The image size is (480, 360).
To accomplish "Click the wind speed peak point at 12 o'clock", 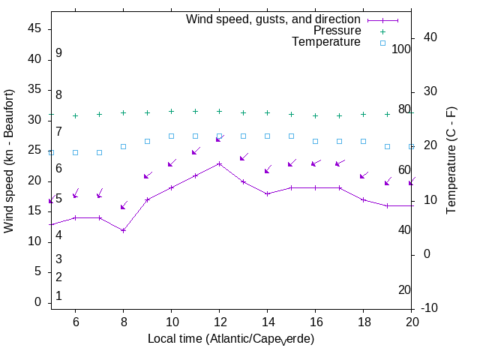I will coord(219,163).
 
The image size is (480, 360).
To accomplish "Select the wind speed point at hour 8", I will coord(123,230).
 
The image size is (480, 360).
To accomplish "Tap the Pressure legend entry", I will coord(337,31).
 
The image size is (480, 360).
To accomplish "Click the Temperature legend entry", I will coord(326,43).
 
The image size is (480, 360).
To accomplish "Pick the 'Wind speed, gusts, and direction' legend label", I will coord(273,19).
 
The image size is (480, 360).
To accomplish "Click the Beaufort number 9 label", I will coord(58,53).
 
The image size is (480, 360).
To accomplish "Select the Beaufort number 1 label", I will coord(58,296).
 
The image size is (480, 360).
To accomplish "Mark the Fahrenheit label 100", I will coord(401,49).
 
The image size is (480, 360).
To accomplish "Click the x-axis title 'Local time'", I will coord(231,339).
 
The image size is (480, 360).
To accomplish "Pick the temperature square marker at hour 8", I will coord(123,146).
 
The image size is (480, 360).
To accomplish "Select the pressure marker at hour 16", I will coord(315,116).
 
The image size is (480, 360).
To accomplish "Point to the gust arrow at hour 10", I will coord(172,162).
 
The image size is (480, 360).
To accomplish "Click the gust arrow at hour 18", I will coord(364,175).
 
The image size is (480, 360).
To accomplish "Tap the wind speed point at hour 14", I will coord(267,193).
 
